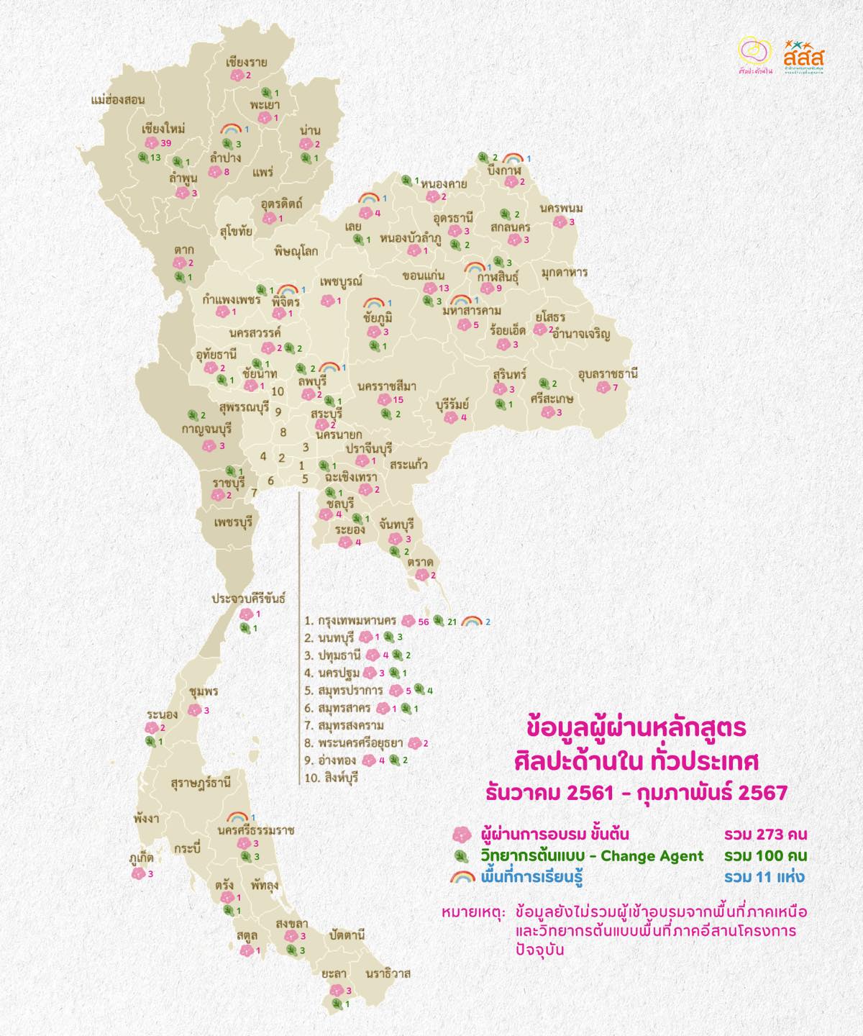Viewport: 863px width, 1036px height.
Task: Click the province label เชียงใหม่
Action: click(x=164, y=129)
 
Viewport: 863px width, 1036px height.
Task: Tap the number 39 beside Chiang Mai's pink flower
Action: click(x=166, y=144)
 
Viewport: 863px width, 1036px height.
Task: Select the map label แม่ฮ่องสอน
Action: click(x=119, y=100)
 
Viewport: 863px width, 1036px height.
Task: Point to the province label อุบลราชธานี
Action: click(x=608, y=374)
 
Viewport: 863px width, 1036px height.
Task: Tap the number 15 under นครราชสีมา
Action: click(x=398, y=400)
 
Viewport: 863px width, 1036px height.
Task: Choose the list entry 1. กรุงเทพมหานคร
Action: click(x=350, y=620)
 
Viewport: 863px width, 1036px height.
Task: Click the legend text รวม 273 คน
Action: click(x=765, y=835)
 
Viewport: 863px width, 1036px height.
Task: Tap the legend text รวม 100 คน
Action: click(x=765, y=856)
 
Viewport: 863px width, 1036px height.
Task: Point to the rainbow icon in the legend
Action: click(x=462, y=878)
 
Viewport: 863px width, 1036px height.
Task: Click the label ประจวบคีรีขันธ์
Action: click(x=249, y=598)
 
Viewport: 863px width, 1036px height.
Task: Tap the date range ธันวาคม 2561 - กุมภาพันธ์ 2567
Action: click(x=636, y=793)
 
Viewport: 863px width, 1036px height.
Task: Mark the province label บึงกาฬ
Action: click(x=503, y=170)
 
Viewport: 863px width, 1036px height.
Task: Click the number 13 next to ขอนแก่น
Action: click(x=444, y=288)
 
